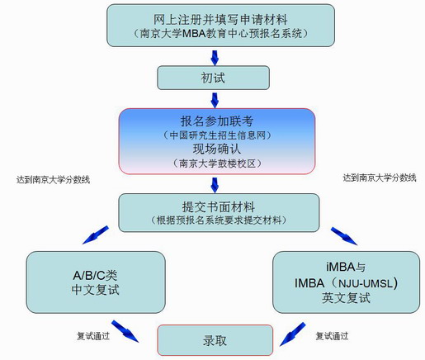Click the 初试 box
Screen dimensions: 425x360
pyautogui.click(x=213, y=78)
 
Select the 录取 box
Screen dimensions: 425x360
pyautogui.click(x=215, y=340)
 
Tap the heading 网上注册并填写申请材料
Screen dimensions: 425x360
pyautogui.click(x=220, y=20)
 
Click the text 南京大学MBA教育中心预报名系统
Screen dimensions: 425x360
pyautogui.click(x=221, y=34)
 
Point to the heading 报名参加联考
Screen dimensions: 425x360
pyautogui.click(x=217, y=121)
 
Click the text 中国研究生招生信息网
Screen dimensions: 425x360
pyautogui.click(x=217, y=135)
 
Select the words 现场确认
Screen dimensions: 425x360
pyautogui.click(x=217, y=149)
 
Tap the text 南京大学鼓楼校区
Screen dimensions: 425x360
pyautogui.click(x=217, y=163)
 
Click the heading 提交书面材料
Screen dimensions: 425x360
pyautogui.click(x=219, y=206)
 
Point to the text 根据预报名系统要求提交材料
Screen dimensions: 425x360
pyautogui.click(x=219, y=220)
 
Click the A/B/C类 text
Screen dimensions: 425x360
pyautogui.click(x=95, y=275)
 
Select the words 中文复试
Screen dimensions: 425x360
pyautogui.click(x=95, y=290)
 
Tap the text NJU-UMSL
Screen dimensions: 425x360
pyautogui.click(x=366, y=283)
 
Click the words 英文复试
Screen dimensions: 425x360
pyautogui.click(x=346, y=298)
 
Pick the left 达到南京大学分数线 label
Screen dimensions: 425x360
pyautogui.click(x=53, y=180)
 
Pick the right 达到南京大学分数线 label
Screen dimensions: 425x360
pyautogui.click(x=380, y=178)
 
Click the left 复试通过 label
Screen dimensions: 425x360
pyautogui.click(x=93, y=336)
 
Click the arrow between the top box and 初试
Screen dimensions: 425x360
pyautogui.click(x=215, y=58)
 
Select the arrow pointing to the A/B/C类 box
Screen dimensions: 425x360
pyautogui.click(x=96, y=234)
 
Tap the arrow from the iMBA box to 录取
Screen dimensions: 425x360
pyautogui.click(x=292, y=334)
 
